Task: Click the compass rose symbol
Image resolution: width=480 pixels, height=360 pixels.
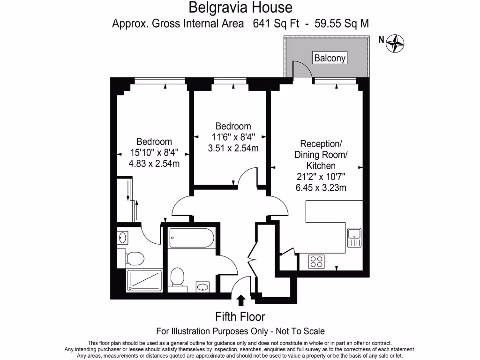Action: click(395, 43)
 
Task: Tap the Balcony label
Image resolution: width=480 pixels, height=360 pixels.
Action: click(330, 58)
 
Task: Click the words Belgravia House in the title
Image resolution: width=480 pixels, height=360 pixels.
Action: click(240, 7)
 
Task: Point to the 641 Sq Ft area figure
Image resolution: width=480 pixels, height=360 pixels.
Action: click(276, 23)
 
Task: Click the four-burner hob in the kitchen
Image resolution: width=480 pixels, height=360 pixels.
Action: click(316, 262)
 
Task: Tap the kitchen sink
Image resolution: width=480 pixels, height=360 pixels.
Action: click(353, 237)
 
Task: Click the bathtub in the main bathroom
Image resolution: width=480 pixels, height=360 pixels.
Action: click(191, 238)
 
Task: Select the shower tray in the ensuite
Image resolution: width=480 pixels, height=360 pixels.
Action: click(144, 280)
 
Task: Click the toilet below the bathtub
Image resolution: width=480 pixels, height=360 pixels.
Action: click(178, 276)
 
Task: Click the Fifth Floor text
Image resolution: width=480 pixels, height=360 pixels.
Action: click(240, 316)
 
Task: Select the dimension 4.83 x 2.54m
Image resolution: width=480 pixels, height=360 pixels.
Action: click(154, 164)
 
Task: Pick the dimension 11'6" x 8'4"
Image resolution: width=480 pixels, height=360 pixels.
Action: click(233, 137)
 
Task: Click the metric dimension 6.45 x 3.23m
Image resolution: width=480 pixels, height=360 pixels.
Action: click(321, 188)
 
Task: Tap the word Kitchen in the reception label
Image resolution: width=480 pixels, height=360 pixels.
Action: click(321, 165)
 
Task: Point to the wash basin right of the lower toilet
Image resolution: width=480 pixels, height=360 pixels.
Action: click(203, 286)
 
